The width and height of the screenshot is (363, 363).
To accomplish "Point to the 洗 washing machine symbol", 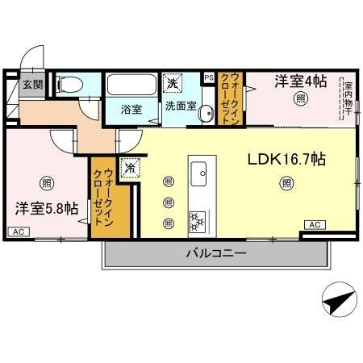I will click(x=173, y=83).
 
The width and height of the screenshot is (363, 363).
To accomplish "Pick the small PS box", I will click(x=209, y=77).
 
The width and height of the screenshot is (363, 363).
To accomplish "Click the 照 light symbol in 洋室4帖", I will click(x=299, y=100).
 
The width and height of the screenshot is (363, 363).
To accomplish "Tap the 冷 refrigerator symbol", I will click(x=129, y=169).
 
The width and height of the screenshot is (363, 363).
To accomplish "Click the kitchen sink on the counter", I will click(x=199, y=171).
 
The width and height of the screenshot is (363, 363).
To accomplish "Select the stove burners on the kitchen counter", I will click(x=198, y=219).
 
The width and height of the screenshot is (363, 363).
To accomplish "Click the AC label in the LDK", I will click(x=313, y=223).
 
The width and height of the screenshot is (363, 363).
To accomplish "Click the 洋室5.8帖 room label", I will click(x=46, y=208).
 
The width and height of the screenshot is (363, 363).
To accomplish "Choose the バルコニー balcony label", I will click(x=215, y=253).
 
